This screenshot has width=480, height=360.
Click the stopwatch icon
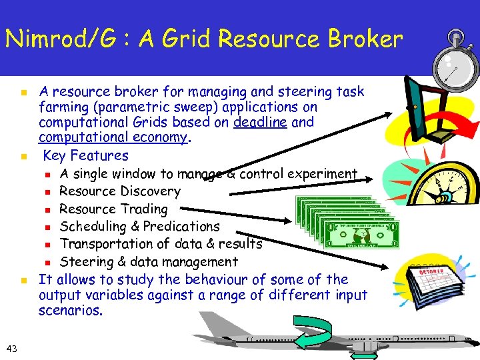(x=455, y=59)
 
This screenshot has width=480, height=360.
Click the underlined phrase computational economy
(x=114, y=138)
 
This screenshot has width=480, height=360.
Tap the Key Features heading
(x=86, y=156)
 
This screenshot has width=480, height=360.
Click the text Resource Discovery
(x=120, y=191)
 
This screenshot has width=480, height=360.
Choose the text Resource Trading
(x=113, y=209)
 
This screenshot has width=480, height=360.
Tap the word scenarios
(x=71, y=311)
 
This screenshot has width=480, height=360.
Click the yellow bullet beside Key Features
(x=23, y=157)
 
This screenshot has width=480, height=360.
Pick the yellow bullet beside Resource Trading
(x=48, y=210)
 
